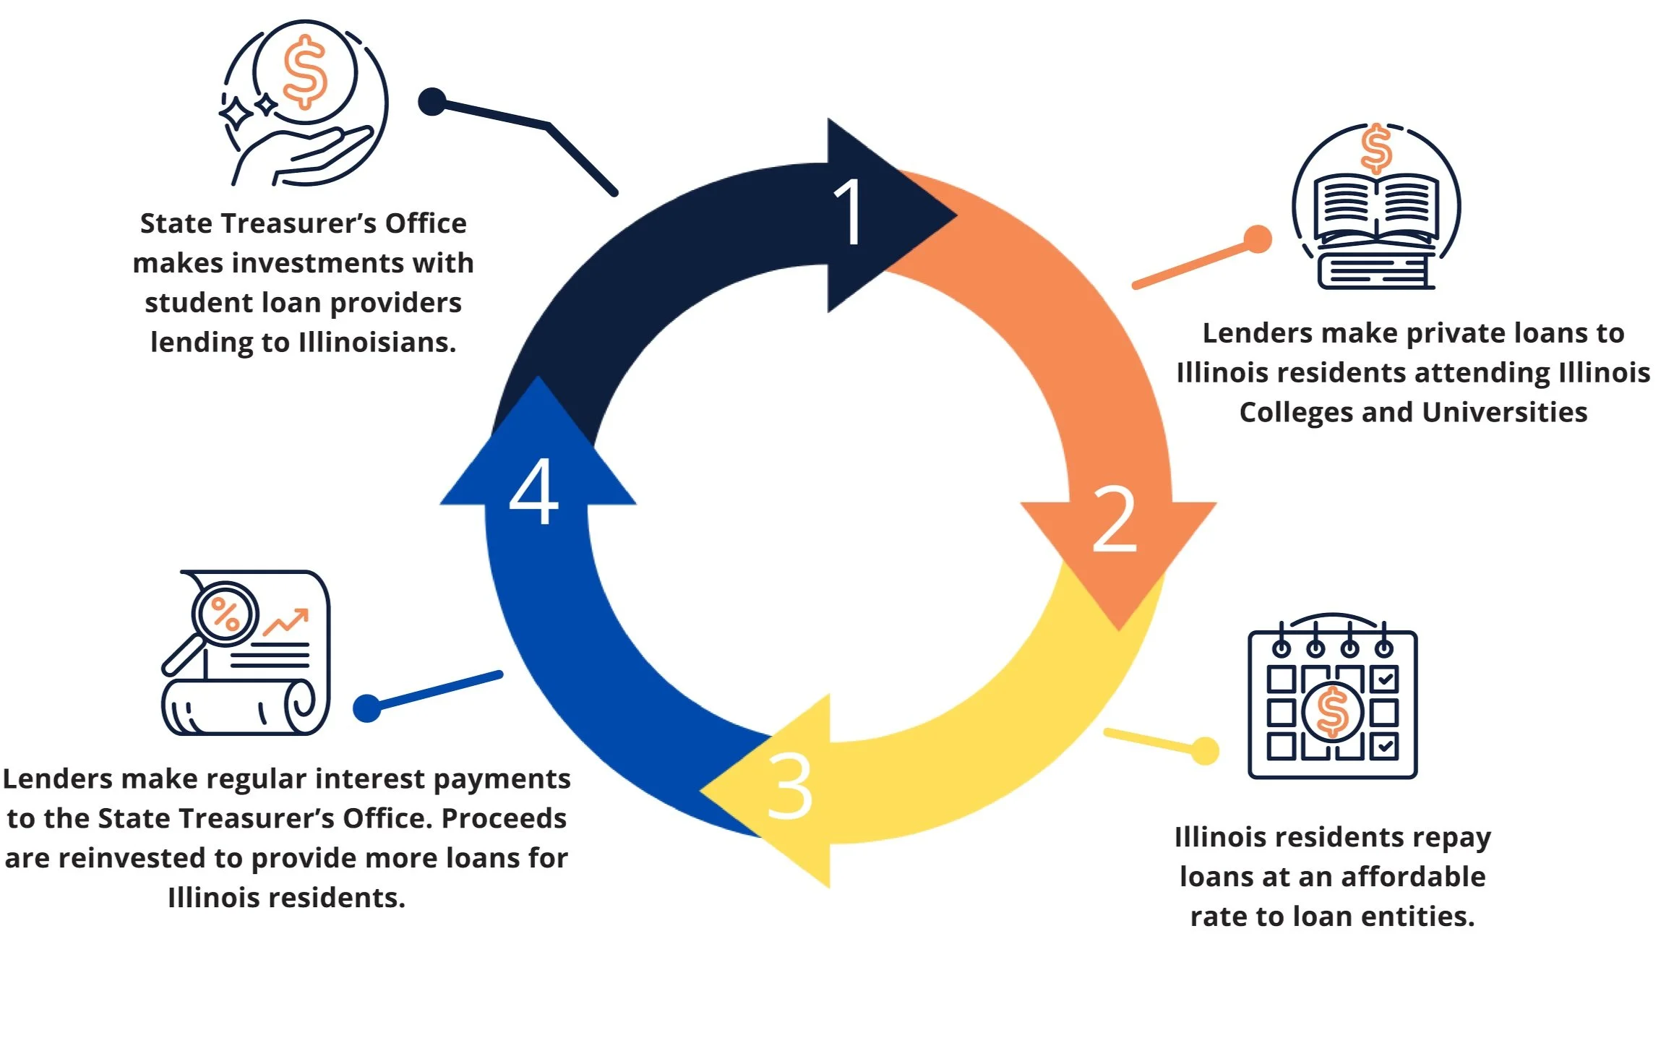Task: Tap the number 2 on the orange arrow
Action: pyautogui.click(x=1114, y=518)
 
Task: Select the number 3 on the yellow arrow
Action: pyautogui.click(x=789, y=786)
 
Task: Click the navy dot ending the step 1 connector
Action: pyautogui.click(x=432, y=102)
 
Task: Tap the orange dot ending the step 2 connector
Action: pyautogui.click(x=1258, y=239)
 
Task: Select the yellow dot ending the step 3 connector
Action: pyautogui.click(x=1205, y=750)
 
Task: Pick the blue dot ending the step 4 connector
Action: pyautogui.click(x=367, y=708)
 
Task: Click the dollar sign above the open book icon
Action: pyautogui.click(x=1375, y=148)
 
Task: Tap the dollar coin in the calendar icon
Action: pyautogui.click(x=1333, y=712)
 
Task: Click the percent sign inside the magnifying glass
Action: pyautogui.click(x=226, y=615)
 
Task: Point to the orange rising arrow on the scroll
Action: pyautogui.click(x=287, y=622)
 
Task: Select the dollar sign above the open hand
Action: pyautogui.click(x=304, y=72)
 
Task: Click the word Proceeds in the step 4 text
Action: pyautogui.click(x=504, y=818)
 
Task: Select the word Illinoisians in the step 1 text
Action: pyautogui.click(x=377, y=342)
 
